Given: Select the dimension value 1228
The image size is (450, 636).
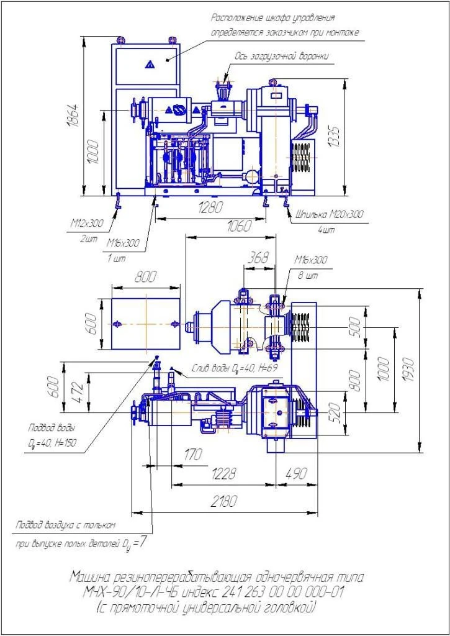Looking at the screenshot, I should tap(223, 474).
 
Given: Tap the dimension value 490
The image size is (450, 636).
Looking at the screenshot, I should tap(296, 474).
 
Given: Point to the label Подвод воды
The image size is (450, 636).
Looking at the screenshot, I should tap(53, 428).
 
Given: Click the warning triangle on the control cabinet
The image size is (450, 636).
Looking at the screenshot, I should tap(149, 64).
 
